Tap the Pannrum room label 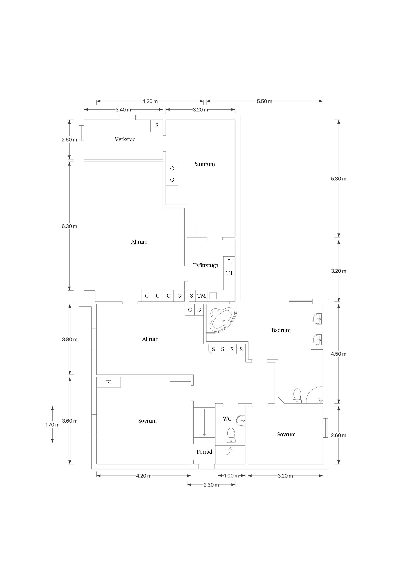tap(204, 164)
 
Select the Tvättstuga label tap(206, 265)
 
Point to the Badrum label tap(281, 330)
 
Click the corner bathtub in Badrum tap(221, 319)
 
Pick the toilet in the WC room tap(231, 435)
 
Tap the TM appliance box tap(201, 296)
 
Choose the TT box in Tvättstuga tap(229, 273)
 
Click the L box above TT tap(229, 262)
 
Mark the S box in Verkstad tap(157, 126)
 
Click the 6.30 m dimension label tap(69, 226)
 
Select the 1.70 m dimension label tap(52, 425)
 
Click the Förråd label tap(204, 452)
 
